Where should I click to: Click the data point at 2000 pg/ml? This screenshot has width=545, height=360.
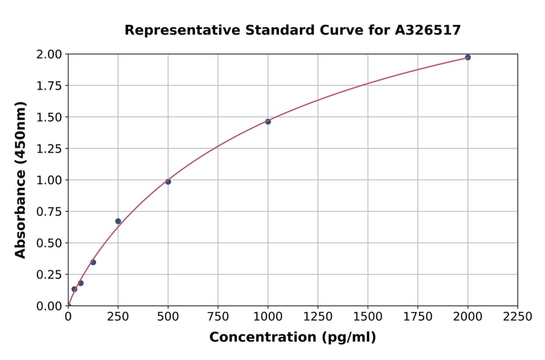click(467, 58)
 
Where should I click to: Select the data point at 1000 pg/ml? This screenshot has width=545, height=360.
click(268, 121)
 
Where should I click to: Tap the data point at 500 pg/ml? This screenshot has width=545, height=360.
click(168, 182)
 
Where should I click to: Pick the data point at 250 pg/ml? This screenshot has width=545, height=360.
click(118, 221)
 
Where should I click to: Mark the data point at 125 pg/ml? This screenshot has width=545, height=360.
click(93, 262)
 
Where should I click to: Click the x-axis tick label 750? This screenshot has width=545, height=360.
click(218, 317)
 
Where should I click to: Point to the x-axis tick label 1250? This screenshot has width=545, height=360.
click(318, 317)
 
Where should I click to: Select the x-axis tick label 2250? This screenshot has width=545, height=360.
click(517, 317)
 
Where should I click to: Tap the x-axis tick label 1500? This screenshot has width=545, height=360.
click(368, 317)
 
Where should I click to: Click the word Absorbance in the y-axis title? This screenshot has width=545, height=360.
click(21, 213)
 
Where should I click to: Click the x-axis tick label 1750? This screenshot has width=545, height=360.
click(417, 317)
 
